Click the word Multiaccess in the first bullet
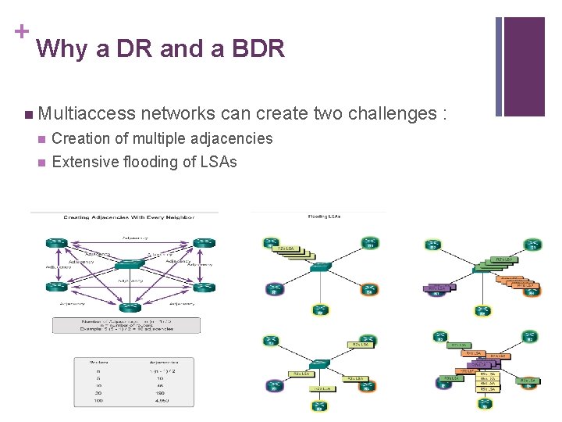point(86,114)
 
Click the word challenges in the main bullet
point(389,114)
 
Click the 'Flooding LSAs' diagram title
point(324,216)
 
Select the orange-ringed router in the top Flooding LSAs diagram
point(368,290)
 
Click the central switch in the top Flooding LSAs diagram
point(319,266)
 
